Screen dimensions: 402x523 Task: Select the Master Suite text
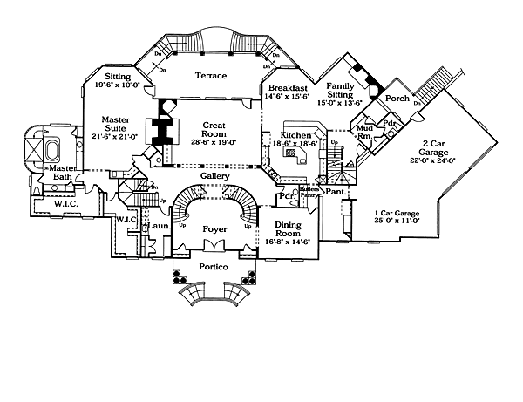(x=116, y=124)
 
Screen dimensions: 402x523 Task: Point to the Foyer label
(x=214, y=231)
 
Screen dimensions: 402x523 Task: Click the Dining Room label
(x=289, y=228)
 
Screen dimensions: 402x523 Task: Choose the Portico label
(x=214, y=268)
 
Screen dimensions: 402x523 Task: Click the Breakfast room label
(x=288, y=89)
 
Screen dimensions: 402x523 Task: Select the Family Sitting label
(x=339, y=92)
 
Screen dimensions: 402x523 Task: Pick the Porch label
(x=398, y=99)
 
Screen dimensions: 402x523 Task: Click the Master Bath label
(x=63, y=173)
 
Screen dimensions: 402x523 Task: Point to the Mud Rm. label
(x=365, y=133)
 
